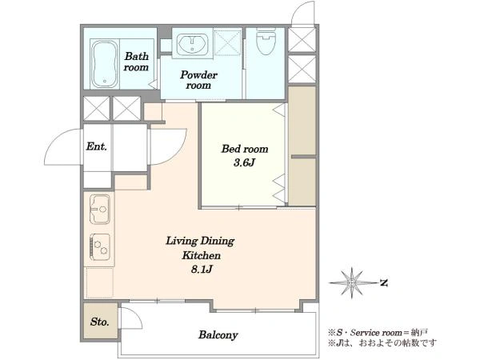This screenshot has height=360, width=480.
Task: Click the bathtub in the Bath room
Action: [x=105, y=64]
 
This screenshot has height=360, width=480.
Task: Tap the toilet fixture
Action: [x=266, y=42]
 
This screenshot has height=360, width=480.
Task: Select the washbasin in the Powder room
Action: [x=193, y=43]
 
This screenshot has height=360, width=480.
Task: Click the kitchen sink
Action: [x=100, y=210]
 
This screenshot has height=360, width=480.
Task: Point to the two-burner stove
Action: [x=100, y=247]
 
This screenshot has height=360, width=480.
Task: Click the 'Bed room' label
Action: [x=245, y=149]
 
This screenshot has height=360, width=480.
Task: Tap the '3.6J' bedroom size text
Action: [x=244, y=162]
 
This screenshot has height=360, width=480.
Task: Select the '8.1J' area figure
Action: [x=202, y=269]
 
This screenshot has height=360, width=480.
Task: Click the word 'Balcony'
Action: [x=218, y=334]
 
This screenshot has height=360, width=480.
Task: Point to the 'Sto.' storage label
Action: [x=100, y=322]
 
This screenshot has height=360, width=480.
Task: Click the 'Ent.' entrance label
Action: [x=97, y=146]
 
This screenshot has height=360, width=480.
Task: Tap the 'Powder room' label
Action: [x=198, y=80]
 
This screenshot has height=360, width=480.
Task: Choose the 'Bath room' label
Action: [x=137, y=62]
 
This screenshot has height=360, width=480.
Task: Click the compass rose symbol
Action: [x=353, y=283]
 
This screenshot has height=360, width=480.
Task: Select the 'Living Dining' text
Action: [x=200, y=242]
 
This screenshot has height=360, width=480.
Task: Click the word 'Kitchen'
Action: [x=202, y=255]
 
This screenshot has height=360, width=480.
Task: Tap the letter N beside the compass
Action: [x=384, y=282]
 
